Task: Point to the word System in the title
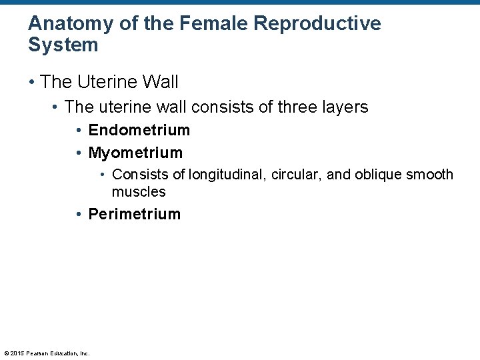[63, 45]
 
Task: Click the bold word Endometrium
[139, 130]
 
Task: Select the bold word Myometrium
[135, 153]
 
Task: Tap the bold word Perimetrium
[134, 214]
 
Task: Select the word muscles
[139, 192]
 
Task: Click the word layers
[343, 107]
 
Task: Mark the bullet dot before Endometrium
[79, 131]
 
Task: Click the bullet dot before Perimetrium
[79, 215]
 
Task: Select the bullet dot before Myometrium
[79, 153]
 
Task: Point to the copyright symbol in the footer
[6, 353]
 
